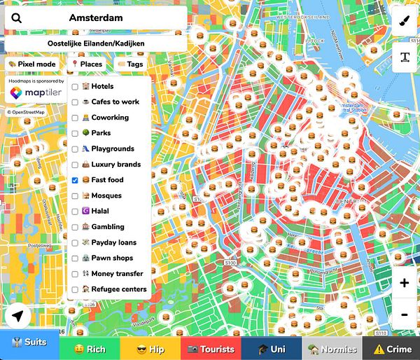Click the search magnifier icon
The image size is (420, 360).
(17, 18)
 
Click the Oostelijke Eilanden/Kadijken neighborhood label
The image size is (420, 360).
(95, 43)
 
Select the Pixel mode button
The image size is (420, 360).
(32, 64)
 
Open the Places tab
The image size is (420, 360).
(87, 64)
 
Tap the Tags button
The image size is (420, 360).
(129, 64)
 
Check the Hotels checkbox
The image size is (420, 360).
(75, 86)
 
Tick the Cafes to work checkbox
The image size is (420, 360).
(75, 102)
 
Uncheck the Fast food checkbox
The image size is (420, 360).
(75, 180)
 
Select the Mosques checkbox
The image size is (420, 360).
(75, 195)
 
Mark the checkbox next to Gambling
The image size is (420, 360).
(75, 227)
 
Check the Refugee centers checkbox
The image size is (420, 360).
(75, 289)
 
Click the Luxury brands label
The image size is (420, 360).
(115, 165)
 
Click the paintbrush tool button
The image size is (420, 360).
(405, 21)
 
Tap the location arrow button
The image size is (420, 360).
(17, 317)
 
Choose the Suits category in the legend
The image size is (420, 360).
(30, 349)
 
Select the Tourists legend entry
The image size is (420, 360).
(211, 349)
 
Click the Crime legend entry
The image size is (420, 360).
(392, 349)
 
